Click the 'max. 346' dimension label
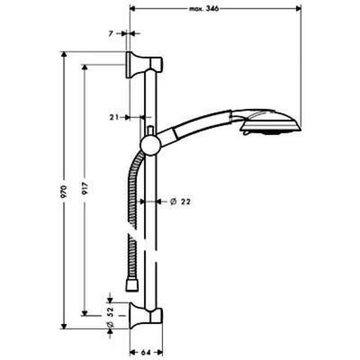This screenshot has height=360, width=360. click(204, 9)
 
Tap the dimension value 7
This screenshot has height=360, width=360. click(111, 33)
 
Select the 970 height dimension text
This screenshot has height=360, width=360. click(64, 191)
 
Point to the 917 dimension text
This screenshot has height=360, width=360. click(85, 188)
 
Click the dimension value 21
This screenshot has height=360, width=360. click(114, 117)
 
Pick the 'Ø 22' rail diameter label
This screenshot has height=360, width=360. click(180, 201)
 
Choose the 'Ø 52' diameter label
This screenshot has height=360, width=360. click(110, 317)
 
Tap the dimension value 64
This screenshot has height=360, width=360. click(145, 352)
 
